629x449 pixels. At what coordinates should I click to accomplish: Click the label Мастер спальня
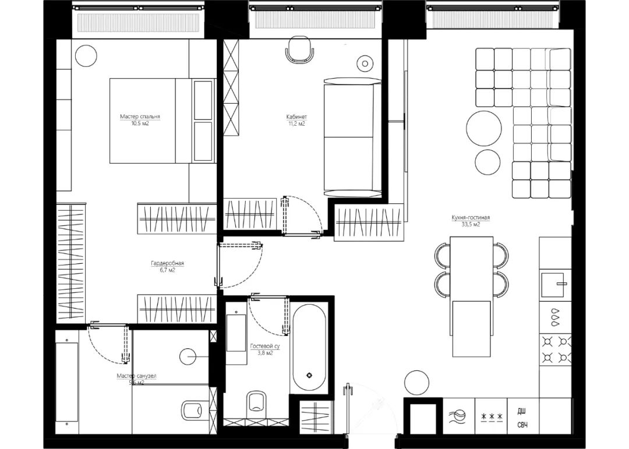tap(140, 116)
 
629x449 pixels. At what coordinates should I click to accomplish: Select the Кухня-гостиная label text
tap(470, 218)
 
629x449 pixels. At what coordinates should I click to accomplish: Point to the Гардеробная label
tap(163, 263)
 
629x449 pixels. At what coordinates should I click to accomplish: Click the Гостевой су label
tap(265, 346)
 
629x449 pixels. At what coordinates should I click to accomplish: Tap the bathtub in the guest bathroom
tap(309, 348)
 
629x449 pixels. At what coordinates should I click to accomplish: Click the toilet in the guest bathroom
tap(256, 402)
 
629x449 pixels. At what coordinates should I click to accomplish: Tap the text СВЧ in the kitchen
tap(522, 426)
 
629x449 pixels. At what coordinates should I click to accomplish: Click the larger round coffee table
tap(483, 128)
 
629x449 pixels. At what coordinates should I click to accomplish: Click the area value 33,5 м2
tap(470, 224)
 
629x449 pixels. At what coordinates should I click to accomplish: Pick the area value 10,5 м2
tap(140, 123)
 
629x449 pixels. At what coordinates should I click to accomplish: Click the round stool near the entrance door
tap(417, 383)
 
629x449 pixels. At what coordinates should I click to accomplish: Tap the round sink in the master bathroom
tap(189, 355)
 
